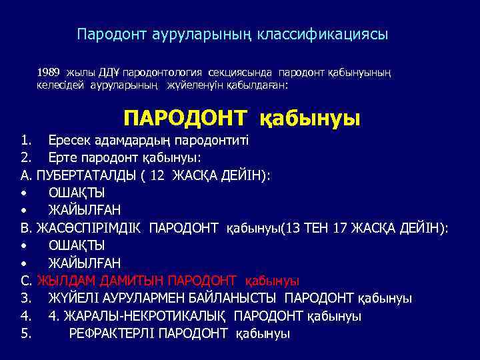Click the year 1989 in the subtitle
point(49,71)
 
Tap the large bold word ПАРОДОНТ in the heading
point(185,118)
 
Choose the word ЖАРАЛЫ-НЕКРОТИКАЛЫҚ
point(146,316)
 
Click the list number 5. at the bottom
point(27,333)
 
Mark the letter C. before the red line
point(27,281)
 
